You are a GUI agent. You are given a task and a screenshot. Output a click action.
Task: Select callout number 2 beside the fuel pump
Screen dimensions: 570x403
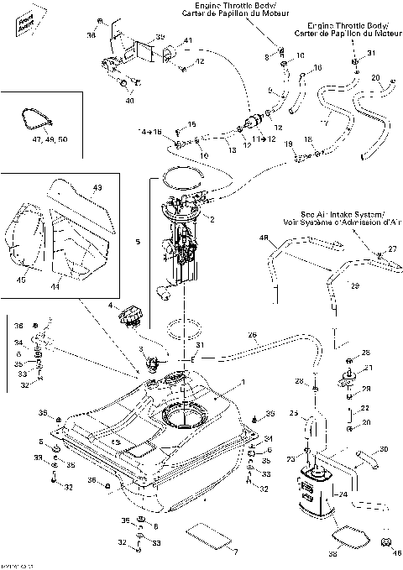coord(212,220)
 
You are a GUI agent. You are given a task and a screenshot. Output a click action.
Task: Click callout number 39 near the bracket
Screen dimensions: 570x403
coord(160,38)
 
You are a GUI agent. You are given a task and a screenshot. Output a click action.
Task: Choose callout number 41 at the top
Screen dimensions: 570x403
coord(187,41)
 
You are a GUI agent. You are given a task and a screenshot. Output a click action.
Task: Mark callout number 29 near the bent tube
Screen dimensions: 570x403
coord(354,286)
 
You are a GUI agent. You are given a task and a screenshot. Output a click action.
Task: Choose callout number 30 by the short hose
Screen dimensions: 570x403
coord(384,450)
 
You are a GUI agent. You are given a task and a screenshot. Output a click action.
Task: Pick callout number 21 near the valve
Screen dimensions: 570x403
coord(366,368)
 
